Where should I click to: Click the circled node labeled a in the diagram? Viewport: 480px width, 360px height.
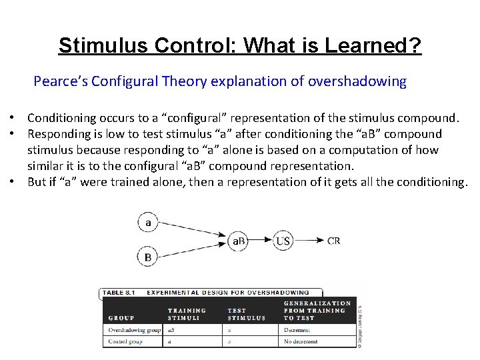click(x=148, y=223)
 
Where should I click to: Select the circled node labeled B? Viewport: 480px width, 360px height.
click(x=148, y=257)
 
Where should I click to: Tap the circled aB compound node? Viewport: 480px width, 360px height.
click(x=239, y=240)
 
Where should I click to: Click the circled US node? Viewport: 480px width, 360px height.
click(x=283, y=240)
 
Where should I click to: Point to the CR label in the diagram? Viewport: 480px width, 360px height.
click(x=334, y=240)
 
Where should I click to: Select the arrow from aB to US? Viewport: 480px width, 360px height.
click(x=261, y=240)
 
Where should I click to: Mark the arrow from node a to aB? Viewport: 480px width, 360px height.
click(x=193, y=231)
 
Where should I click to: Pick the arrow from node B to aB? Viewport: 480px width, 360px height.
click(x=193, y=249)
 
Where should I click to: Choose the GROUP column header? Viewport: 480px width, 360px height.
click(x=121, y=318)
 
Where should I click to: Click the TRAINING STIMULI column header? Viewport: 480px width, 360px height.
click(x=187, y=314)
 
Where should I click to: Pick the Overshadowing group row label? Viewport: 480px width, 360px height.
click(x=134, y=329)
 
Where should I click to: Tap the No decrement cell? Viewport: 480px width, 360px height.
click(x=301, y=341)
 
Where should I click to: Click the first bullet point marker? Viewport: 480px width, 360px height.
click(x=13, y=118)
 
